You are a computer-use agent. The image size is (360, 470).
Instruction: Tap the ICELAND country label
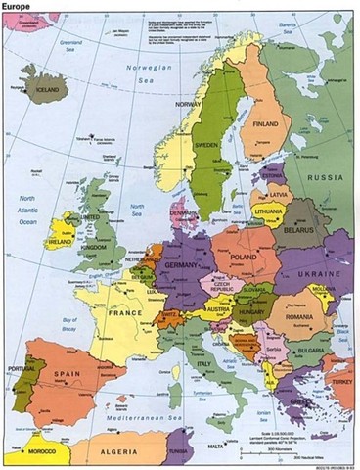(47, 86)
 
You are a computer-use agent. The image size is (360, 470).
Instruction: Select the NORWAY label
(188, 104)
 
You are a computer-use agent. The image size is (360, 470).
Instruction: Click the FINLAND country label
(266, 124)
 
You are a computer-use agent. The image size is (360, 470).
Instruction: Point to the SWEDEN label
(206, 144)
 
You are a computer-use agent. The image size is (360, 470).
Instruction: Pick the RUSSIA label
(327, 179)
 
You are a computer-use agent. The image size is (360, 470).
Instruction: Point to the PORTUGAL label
(20, 369)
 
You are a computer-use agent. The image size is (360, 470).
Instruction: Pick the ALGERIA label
(118, 453)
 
